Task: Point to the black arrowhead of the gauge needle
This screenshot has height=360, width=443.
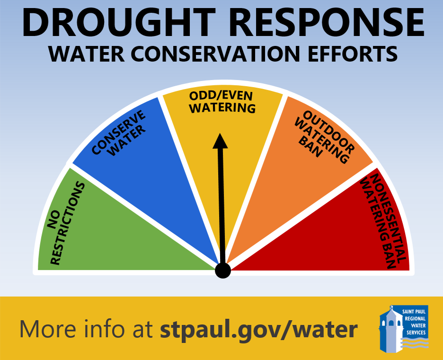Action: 220,141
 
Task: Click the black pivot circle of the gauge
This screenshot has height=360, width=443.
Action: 222,270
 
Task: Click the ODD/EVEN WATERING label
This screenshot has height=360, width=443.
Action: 222,101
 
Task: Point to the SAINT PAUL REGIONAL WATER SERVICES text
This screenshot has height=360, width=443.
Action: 415,322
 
